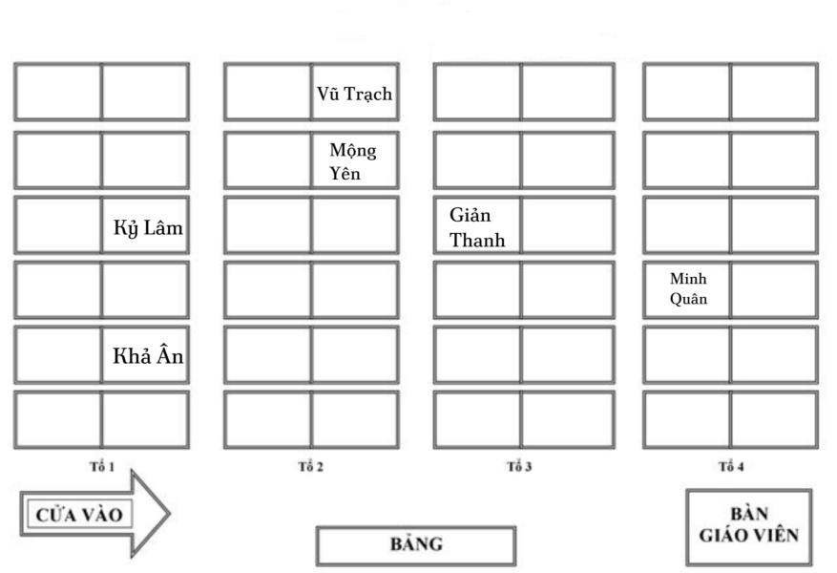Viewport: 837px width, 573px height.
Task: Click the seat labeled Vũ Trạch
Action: pos(354,93)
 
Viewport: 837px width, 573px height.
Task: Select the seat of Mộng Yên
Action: pos(354,160)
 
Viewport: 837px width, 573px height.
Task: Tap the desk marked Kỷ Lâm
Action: pos(145,226)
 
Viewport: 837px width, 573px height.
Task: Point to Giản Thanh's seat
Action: pos(477,226)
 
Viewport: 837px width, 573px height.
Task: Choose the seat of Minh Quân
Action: pos(687,289)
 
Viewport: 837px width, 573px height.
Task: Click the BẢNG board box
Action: pos(415,545)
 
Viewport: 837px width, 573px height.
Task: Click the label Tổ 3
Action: pos(520,467)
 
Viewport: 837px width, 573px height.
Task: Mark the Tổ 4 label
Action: pos(730,467)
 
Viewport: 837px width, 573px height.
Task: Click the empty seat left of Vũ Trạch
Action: pos(268,93)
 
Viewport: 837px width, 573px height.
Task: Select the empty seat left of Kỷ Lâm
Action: pos(58,226)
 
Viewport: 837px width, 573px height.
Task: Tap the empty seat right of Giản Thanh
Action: pos(564,226)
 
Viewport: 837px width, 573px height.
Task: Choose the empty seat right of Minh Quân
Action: pos(774,289)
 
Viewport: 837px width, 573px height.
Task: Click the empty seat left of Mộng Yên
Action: pos(268,160)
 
